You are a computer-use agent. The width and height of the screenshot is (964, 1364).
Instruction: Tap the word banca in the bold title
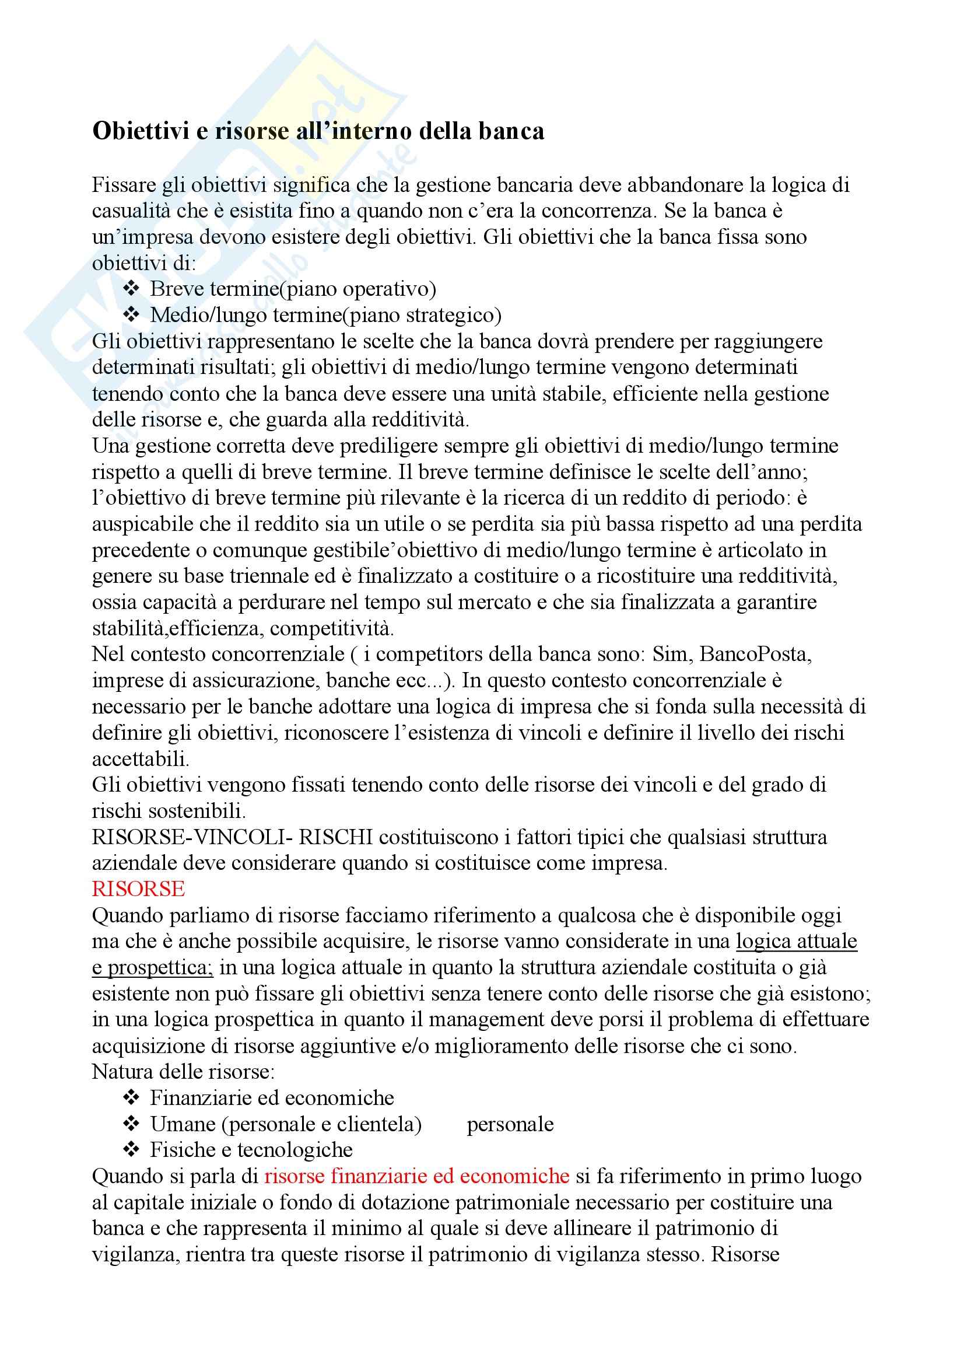pos(514,131)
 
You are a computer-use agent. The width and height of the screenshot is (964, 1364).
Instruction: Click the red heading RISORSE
pos(138,889)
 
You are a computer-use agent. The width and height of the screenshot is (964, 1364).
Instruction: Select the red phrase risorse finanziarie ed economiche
pos(416,1176)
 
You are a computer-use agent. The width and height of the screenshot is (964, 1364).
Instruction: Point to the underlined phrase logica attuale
pos(797,941)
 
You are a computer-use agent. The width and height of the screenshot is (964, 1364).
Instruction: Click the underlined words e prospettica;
pos(153,967)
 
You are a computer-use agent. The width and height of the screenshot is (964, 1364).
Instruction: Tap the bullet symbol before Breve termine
pos(131,289)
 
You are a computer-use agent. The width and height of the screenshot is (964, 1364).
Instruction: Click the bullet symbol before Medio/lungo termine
pos(131,315)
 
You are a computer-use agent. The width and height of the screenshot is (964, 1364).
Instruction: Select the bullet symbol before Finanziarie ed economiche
pos(131,1098)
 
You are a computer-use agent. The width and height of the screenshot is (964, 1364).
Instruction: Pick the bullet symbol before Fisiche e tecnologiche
pos(131,1149)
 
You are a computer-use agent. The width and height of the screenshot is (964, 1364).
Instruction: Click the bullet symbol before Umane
pos(131,1124)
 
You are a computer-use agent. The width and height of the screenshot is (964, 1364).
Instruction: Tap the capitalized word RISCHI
pos(335,837)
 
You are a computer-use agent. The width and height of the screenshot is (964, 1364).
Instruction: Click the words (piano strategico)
pos(423,315)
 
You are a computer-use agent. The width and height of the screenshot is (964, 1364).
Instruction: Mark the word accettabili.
pos(140,758)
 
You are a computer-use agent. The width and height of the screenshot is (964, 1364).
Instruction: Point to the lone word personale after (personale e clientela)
pos(510,1124)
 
